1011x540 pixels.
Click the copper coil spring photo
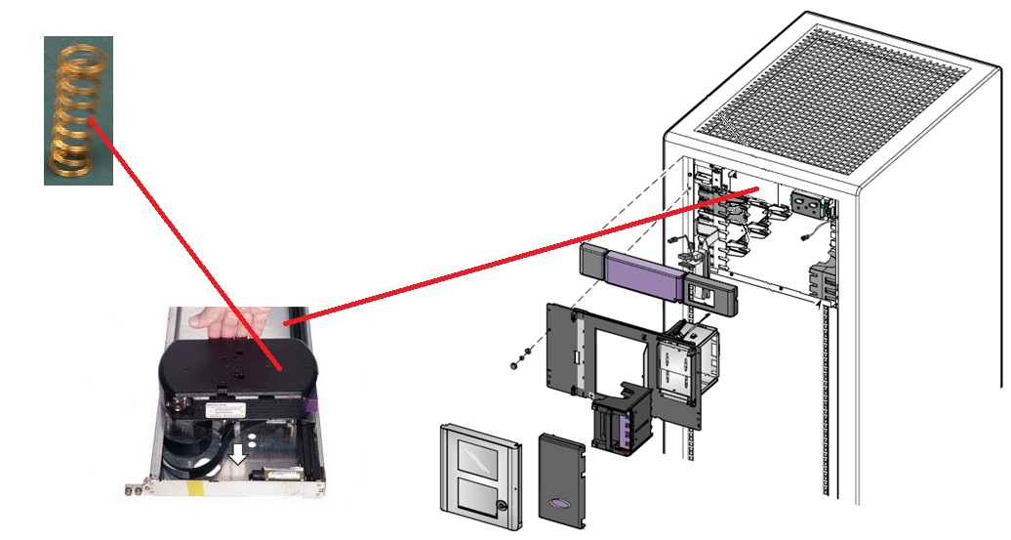pyautogui.click(x=78, y=109)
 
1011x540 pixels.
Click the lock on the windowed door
pyautogui.click(x=500, y=506)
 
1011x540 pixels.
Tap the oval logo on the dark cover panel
pyautogui.click(x=566, y=501)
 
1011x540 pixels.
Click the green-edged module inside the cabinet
pyautogui.click(x=811, y=206)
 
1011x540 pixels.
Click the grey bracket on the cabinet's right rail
pyautogui.click(x=824, y=280)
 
